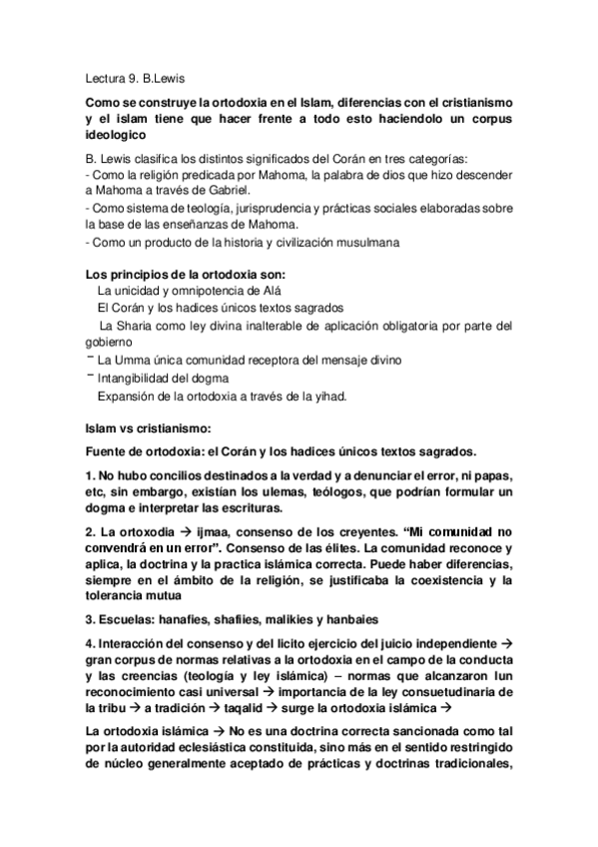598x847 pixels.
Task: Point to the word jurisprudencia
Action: [254, 208]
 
